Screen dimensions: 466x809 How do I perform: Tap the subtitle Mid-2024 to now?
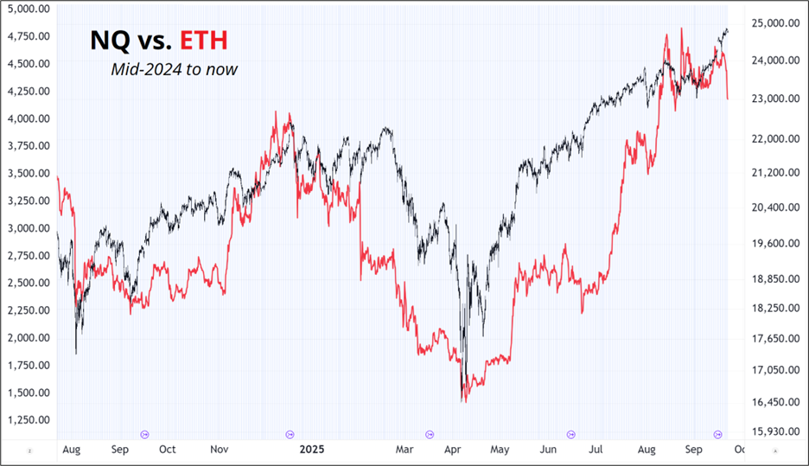[174, 69]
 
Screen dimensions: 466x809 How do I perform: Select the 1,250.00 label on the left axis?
[28, 420]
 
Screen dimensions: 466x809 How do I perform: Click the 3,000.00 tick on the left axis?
[28, 228]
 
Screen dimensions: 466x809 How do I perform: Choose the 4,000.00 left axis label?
[28, 118]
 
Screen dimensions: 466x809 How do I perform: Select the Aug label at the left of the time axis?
[72, 450]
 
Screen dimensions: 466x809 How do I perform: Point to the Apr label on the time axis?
[452, 450]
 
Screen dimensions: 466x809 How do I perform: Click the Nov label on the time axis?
[220, 450]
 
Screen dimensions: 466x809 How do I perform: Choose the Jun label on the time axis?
[547, 450]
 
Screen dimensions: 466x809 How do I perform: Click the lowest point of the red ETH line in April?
[464, 401]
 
